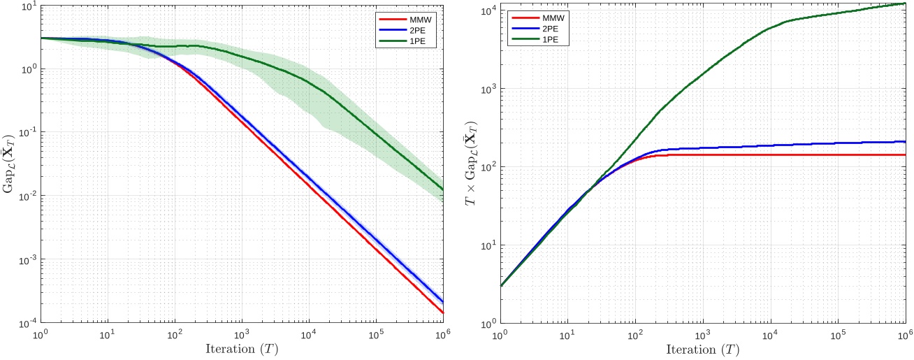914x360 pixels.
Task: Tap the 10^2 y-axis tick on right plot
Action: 488,167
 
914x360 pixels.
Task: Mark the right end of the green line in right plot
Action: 905,3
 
